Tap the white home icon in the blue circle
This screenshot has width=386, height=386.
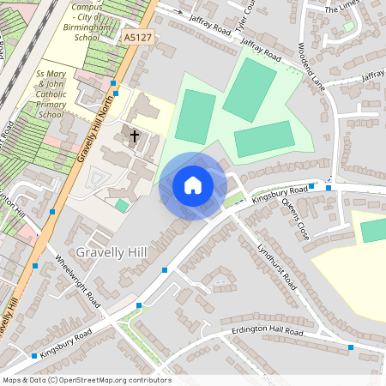click(x=193, y=184)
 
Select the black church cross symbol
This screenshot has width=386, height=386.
click(x=134, y=135)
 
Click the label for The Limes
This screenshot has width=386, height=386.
click(x=341, y=9)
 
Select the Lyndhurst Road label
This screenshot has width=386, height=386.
click(x=275, y=264)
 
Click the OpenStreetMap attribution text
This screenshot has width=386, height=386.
click(x=87, y=379)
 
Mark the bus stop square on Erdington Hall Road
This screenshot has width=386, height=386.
click(x=351, y=347)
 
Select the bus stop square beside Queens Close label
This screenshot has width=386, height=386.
click(x=329, y=185)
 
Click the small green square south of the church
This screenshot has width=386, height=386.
click(x=123, y=206)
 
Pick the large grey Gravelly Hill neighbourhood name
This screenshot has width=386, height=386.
click(x=112, y=251)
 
